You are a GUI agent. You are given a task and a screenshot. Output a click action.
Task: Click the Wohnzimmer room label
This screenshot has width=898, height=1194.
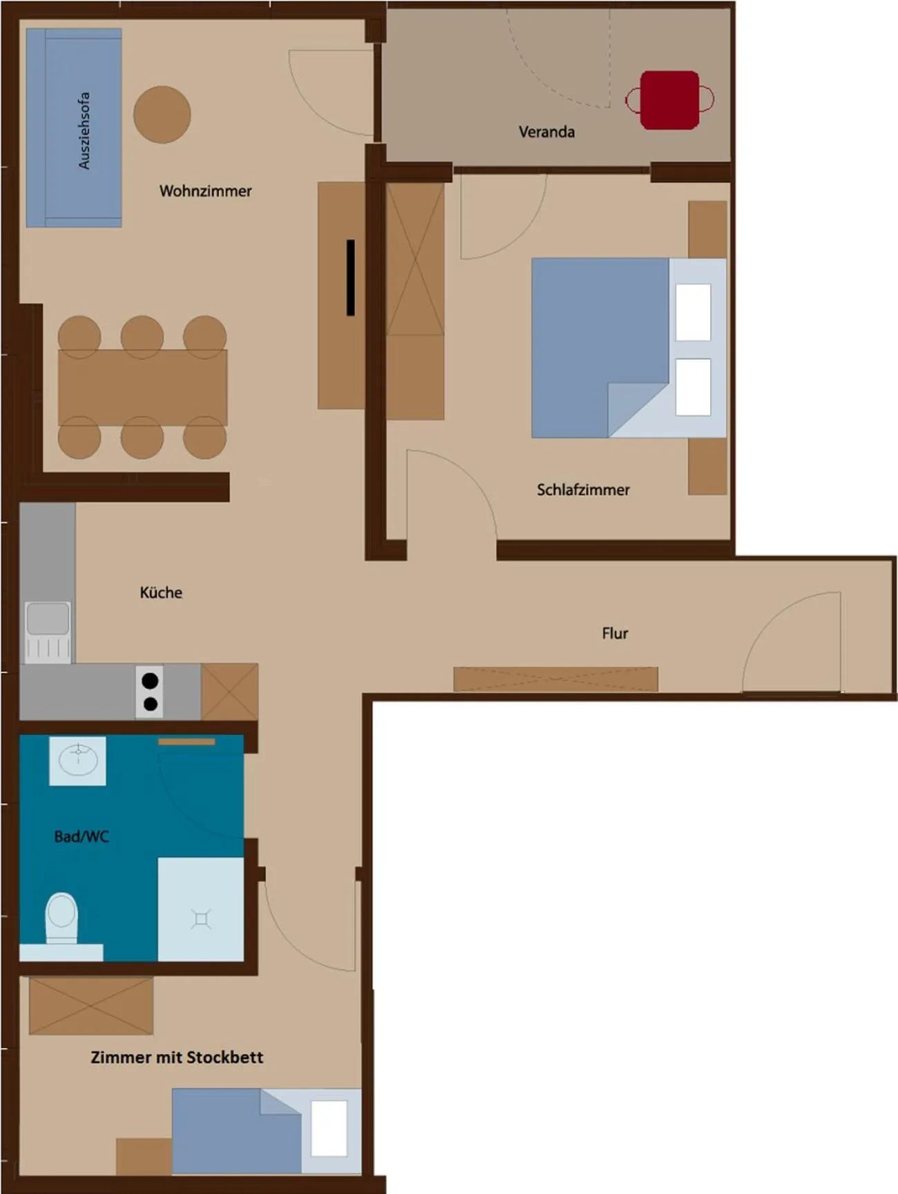(x=205, y=191)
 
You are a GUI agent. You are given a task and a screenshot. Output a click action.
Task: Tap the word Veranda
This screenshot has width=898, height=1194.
(x=546, y=131)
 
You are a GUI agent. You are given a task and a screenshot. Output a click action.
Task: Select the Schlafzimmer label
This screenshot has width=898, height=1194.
(x=583, y=490)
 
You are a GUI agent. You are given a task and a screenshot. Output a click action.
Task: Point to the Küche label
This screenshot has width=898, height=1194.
(x=161, y=593)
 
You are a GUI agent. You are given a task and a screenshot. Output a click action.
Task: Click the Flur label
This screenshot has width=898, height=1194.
(x=615, y=633)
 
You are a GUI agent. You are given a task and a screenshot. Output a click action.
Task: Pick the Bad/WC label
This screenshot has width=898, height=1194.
(x=82, y=836)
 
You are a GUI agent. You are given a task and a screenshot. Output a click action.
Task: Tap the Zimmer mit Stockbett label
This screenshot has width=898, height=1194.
(x=177, y=1057)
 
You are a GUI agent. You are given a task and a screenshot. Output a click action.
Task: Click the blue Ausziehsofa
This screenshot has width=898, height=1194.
(x=74, y=128)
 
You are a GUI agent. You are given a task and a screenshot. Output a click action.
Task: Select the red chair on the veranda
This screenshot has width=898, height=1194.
(x=669, y=100)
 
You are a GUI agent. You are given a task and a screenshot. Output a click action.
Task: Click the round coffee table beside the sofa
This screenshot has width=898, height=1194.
(x=162, y=115)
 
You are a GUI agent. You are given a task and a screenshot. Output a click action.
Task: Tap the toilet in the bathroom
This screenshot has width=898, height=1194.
(x=61, y=917)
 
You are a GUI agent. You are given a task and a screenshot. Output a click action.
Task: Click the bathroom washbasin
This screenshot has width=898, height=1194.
(x=77, y=760)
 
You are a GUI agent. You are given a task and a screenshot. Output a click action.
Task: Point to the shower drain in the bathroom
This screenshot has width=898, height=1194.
(x=201, y=919)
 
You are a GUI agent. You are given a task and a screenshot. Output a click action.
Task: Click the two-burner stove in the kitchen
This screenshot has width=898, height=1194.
(x=150, y=692)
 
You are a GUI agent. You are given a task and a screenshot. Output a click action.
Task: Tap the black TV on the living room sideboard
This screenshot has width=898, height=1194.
(x=350, y=278)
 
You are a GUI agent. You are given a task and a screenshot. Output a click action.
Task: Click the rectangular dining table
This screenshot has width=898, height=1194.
(x=142, y=387)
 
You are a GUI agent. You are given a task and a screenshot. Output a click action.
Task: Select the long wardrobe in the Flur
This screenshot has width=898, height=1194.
(x=555, y=679)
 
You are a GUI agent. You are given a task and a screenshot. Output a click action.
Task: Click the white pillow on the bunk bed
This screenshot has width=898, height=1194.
(x=329, y=1128)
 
